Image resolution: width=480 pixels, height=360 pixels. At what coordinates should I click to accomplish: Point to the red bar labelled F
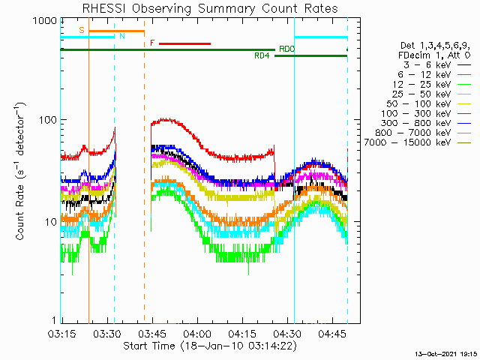184,43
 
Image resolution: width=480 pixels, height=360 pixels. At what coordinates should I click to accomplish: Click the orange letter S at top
82,31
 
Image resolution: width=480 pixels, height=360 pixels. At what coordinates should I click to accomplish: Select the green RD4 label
262,56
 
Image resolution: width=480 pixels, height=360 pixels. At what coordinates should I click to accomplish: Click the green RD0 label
286,49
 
